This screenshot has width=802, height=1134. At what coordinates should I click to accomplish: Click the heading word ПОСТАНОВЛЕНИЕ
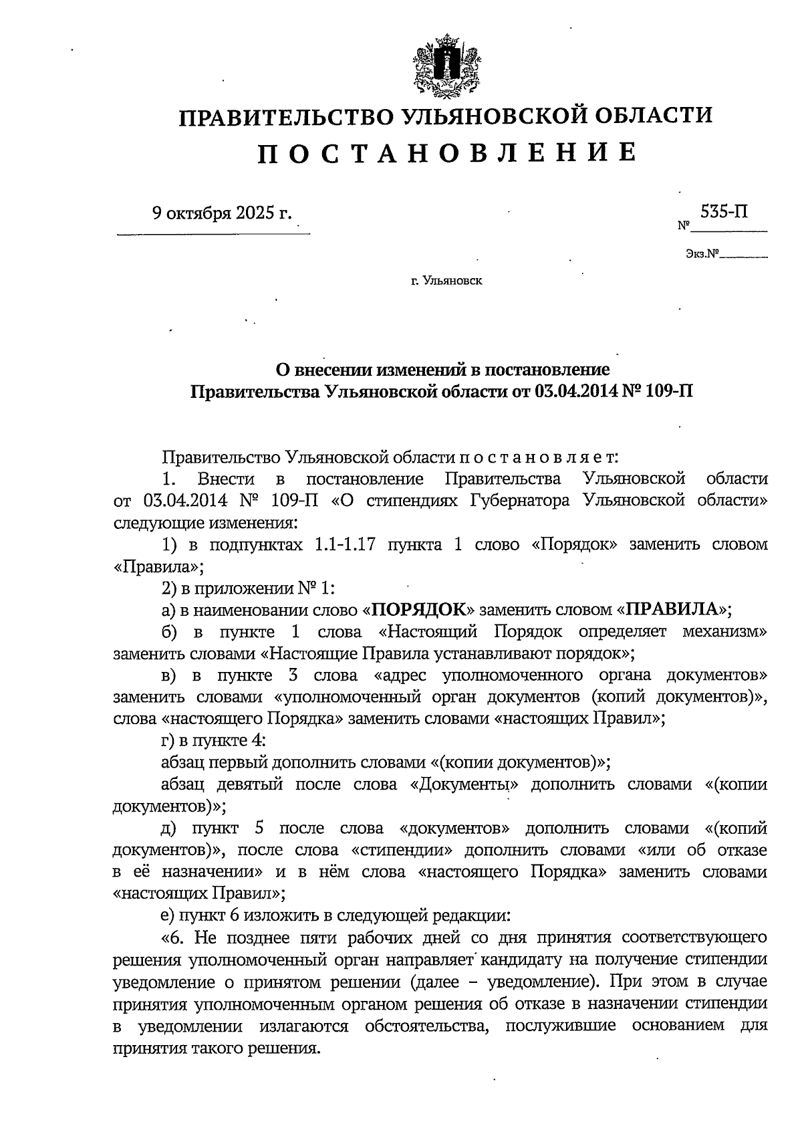446,152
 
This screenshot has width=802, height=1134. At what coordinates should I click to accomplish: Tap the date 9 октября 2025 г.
223,213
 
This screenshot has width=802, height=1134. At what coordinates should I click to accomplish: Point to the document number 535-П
724,212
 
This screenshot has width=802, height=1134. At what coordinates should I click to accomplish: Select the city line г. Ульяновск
446,281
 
